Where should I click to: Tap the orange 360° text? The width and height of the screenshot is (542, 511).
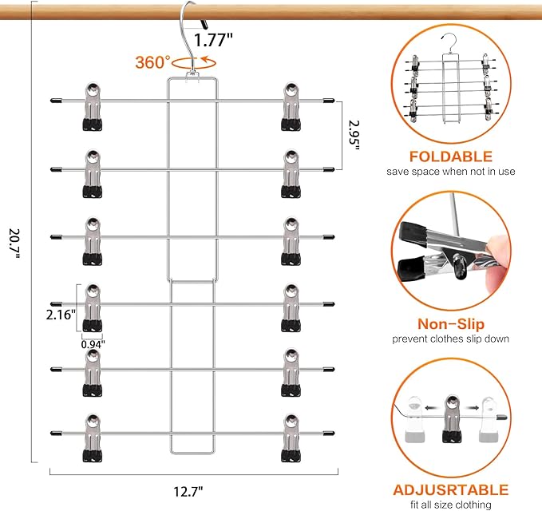(x=152, y=61)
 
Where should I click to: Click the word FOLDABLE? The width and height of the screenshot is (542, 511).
(x=451, y=156)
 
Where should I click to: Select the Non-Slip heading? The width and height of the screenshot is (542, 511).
(x=451, y=324)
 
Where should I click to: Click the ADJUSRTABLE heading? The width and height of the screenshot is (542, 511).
(x=451, y=489)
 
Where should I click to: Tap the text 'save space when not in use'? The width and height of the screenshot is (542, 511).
(x=451, y=172)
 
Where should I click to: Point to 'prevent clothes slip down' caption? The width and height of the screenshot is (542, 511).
(x=451, y=339)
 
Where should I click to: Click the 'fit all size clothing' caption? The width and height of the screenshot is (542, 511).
(x=451, y=504)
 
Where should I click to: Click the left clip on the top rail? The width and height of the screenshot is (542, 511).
(x=92, y=105)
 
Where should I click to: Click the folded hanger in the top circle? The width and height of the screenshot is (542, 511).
(x=451, y=80)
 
